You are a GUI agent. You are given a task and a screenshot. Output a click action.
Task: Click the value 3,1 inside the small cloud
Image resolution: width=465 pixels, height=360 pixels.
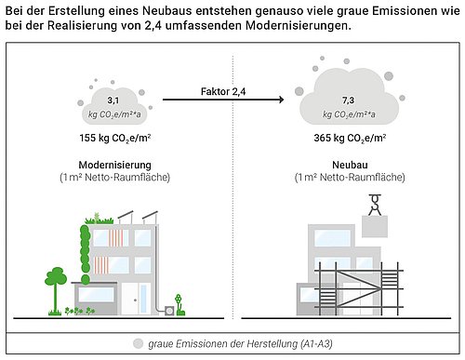coord(114,99)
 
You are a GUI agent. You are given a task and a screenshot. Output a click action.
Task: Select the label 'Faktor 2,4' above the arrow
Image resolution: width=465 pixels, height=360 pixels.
coord(229,92)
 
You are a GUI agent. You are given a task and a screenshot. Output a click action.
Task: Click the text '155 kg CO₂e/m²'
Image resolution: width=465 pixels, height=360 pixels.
coord(115,139)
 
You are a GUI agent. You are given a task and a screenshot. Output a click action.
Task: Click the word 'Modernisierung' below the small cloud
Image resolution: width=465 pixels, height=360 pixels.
coord(115,164)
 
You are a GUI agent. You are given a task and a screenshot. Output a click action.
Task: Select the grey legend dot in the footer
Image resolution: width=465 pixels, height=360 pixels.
coord(139,343)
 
